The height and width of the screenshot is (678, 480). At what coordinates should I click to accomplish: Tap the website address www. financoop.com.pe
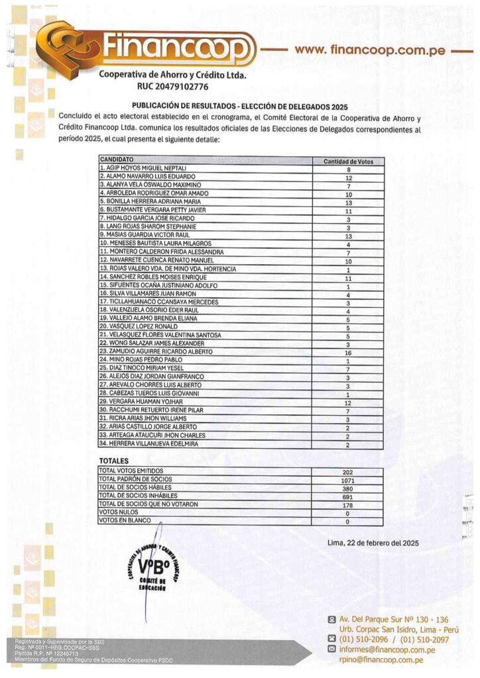(369, 50)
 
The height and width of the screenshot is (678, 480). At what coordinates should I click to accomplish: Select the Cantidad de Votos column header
(348, 162)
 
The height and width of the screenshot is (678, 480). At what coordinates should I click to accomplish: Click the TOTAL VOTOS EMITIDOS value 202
(348, 471)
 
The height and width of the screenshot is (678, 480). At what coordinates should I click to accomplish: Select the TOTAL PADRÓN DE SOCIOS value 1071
(348, 479)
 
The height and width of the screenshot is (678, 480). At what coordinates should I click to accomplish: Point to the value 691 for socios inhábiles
(348, 496)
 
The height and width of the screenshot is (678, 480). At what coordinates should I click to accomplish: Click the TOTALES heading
(114, 460)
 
